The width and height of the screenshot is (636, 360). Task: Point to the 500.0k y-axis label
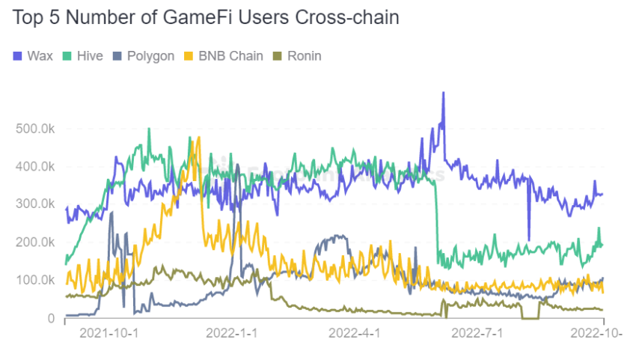(35, 129)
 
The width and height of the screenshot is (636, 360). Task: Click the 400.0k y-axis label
(35, 166)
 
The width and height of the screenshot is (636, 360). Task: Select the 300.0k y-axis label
(35, 204)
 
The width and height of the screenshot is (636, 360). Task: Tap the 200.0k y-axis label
(35, 242)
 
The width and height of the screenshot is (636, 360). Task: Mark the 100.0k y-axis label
(35, 280)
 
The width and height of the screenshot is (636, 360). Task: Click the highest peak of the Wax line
(444, 94)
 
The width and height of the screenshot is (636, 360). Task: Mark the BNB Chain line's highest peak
(198, 138)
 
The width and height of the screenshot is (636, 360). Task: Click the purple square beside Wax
(19, 56)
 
